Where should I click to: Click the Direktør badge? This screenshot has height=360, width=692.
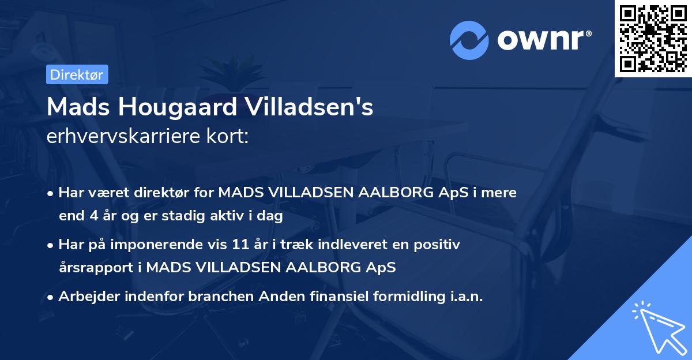(x=77, y=74)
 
